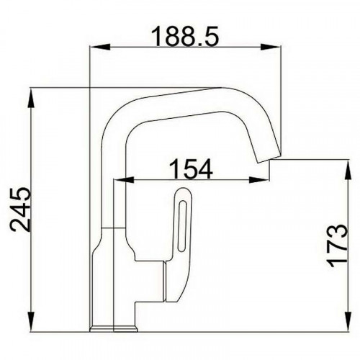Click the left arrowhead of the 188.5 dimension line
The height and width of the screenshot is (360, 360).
pyautogui.click(x=94, y=48)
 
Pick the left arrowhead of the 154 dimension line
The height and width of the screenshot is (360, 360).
pyautogui.click(x=129, y=179)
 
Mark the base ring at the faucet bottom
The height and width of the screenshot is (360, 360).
pyautogui.click(x=112, y=328)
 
